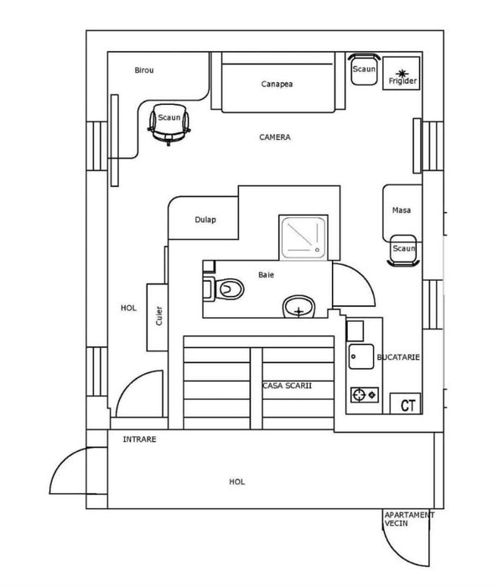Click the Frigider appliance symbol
[401, 74]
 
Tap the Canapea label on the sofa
[277, 84]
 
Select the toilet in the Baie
[223, 288]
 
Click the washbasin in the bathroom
[298, 307]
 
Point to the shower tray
[303, 237]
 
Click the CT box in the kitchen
[406, 403]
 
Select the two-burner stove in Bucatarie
[365, 395]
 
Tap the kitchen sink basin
[361, 356]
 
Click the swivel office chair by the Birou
[169, 123]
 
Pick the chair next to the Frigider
[364, 69]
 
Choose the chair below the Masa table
[403, 251]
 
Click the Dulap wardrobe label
[205, 220]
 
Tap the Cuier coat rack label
[159, 315]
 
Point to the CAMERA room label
[275, 138]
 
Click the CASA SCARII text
[288, 386]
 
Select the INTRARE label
[139, 439]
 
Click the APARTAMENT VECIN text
[409, 519]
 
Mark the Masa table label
[402, 210]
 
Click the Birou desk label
[144, 70]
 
